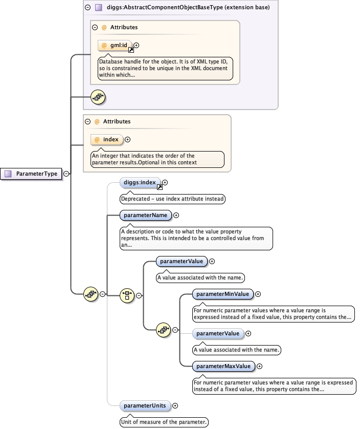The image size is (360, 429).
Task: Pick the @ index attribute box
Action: pyautogui.click(x=106, y=139)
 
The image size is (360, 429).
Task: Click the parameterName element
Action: pyautogui.click(x=145, y=216)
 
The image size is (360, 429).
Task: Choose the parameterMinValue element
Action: pyautogui.click(x=222, y=294)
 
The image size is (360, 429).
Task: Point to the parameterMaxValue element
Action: pyautogui.click(x=223, y=366)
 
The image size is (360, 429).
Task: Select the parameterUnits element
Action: pyautogui.click(x=145, y=405)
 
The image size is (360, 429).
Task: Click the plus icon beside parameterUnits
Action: pyautogui.click(x=175, y=405)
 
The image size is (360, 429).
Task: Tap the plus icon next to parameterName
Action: pyautogui.click(x=176, y=216)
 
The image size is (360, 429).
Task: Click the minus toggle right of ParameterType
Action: pyautogui.click(x=66, y=174)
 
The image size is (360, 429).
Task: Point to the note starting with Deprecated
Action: pyautogui.click(x=172, y=199)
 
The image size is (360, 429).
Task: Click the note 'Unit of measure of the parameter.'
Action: pyautogui.click(x=164, y=422)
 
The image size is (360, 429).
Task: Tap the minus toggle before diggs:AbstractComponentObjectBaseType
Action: pyautogui.click(x=88, y=7)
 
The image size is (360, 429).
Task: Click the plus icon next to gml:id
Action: pyautogui.click(x=137, y=45)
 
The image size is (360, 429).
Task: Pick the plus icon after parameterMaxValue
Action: pyautogui.click(x=259, y=366)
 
